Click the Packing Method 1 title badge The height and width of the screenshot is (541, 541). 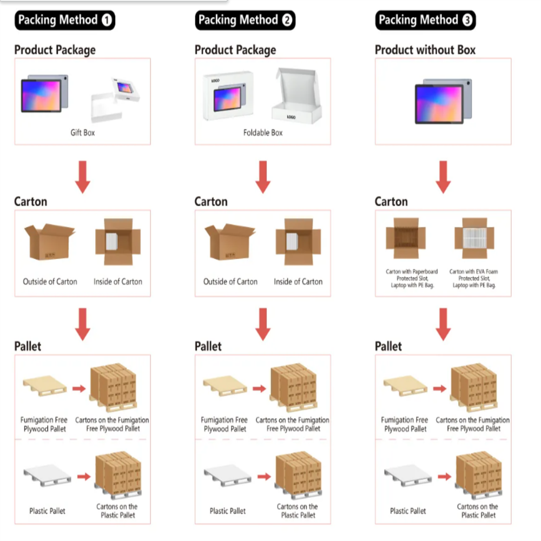[65, 21]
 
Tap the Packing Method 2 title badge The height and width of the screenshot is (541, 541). [245, 21]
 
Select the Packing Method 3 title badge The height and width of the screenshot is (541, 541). [425, 21]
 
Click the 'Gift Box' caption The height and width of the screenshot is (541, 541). [82, 133]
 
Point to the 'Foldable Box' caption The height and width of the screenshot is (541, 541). [263, 133]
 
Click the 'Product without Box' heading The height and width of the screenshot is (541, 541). [425, 50]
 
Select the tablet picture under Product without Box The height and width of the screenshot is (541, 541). [443, 101]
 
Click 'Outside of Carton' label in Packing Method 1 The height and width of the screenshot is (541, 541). [50, 281]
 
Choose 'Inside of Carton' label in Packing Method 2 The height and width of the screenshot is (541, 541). [298, 281]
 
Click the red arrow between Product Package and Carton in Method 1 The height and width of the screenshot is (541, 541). [83, 176]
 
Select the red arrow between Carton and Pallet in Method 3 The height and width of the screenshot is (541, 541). [443, 324]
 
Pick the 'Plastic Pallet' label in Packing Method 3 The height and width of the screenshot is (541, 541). [408, 511]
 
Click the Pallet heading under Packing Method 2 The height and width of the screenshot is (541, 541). [208, 346]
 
